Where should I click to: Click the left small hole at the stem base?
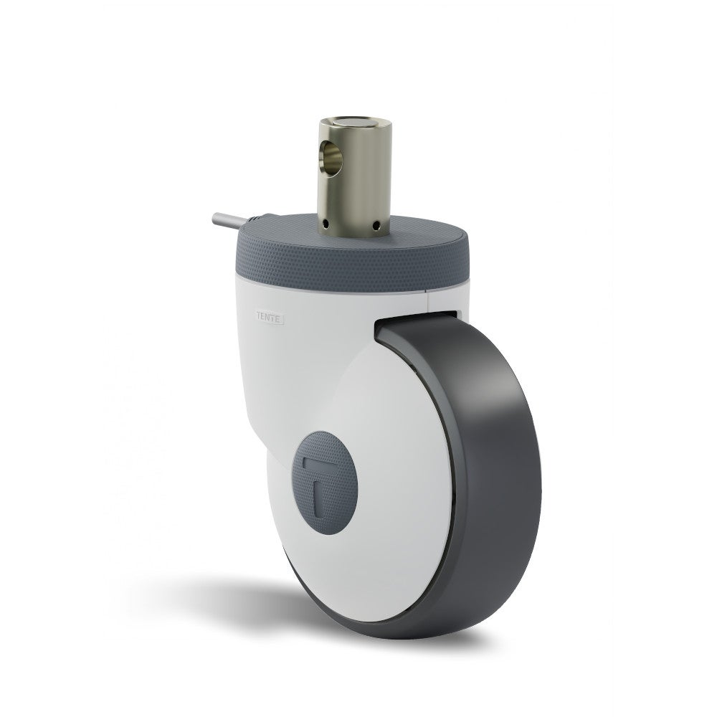pos(326,227)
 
